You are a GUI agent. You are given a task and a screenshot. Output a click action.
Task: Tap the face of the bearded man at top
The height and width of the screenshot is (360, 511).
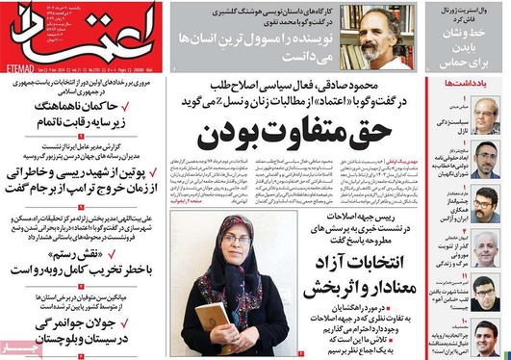click(343, 38)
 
